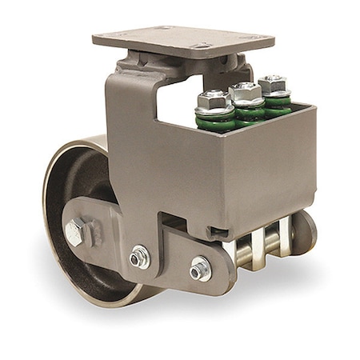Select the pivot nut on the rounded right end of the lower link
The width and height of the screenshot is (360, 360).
click(x=199, y=270)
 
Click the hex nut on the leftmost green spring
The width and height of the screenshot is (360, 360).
click(x=214, y=99)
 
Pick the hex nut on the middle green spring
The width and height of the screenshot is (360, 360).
click(x=245, y=90)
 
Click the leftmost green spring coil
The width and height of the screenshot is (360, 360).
click(x=215, y=120)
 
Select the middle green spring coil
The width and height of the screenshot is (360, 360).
click(x=249, y=111)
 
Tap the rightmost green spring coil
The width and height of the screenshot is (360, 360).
click(x=277, y=101)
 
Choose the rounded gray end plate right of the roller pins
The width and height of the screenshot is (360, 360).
click(x=304, y=232)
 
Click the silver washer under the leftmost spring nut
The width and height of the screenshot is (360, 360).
click(x=214, y=110)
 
